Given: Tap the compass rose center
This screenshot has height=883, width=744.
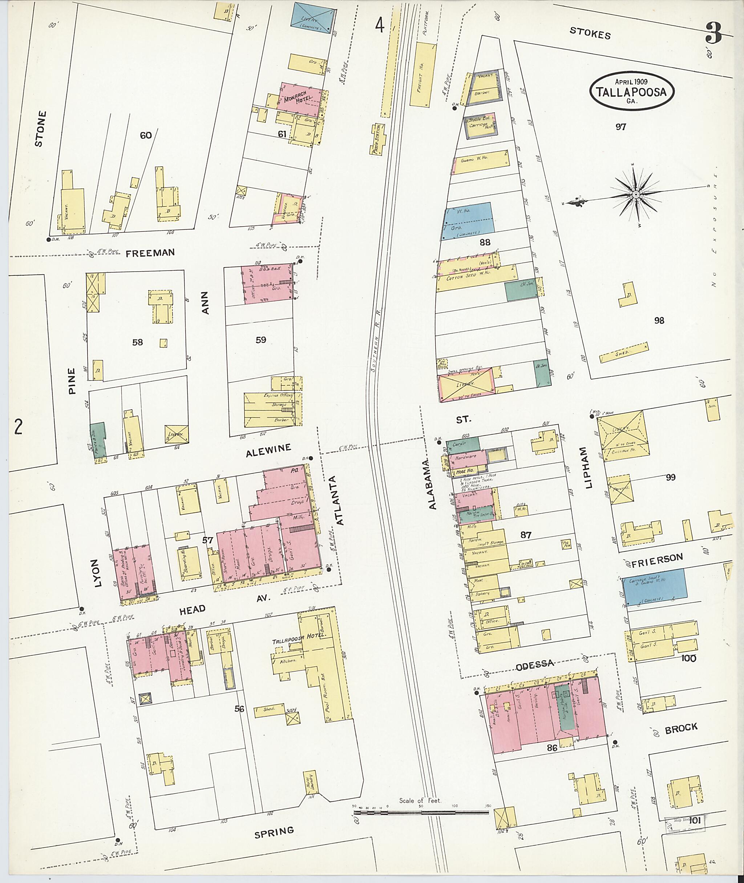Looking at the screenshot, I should [635, 194].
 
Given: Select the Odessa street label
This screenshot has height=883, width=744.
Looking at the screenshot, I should [535, 663].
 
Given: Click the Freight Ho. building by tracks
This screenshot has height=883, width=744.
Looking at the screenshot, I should [421, 74].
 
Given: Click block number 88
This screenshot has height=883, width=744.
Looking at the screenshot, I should [485, 242].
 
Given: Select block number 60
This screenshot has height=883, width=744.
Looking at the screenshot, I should [146, 135].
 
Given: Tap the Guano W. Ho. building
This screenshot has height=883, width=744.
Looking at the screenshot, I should [481, 162].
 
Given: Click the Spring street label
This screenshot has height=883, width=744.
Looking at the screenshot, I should [274, 831].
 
